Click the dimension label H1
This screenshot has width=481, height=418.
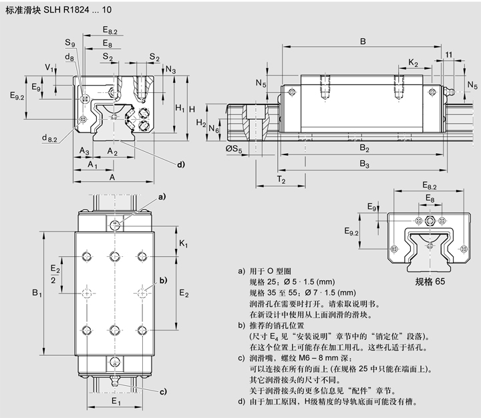coord(180,108)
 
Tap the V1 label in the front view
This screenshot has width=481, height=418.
coord(48,68)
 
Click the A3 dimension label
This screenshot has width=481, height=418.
coord(84,152)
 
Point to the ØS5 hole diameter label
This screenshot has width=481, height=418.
coord(234,148)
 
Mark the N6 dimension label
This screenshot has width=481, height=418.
coord(213,128)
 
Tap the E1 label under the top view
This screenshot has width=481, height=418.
coord(116,401)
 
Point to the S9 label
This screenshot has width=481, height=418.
coord(70,43)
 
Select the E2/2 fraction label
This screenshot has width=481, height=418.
coord(55,275)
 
